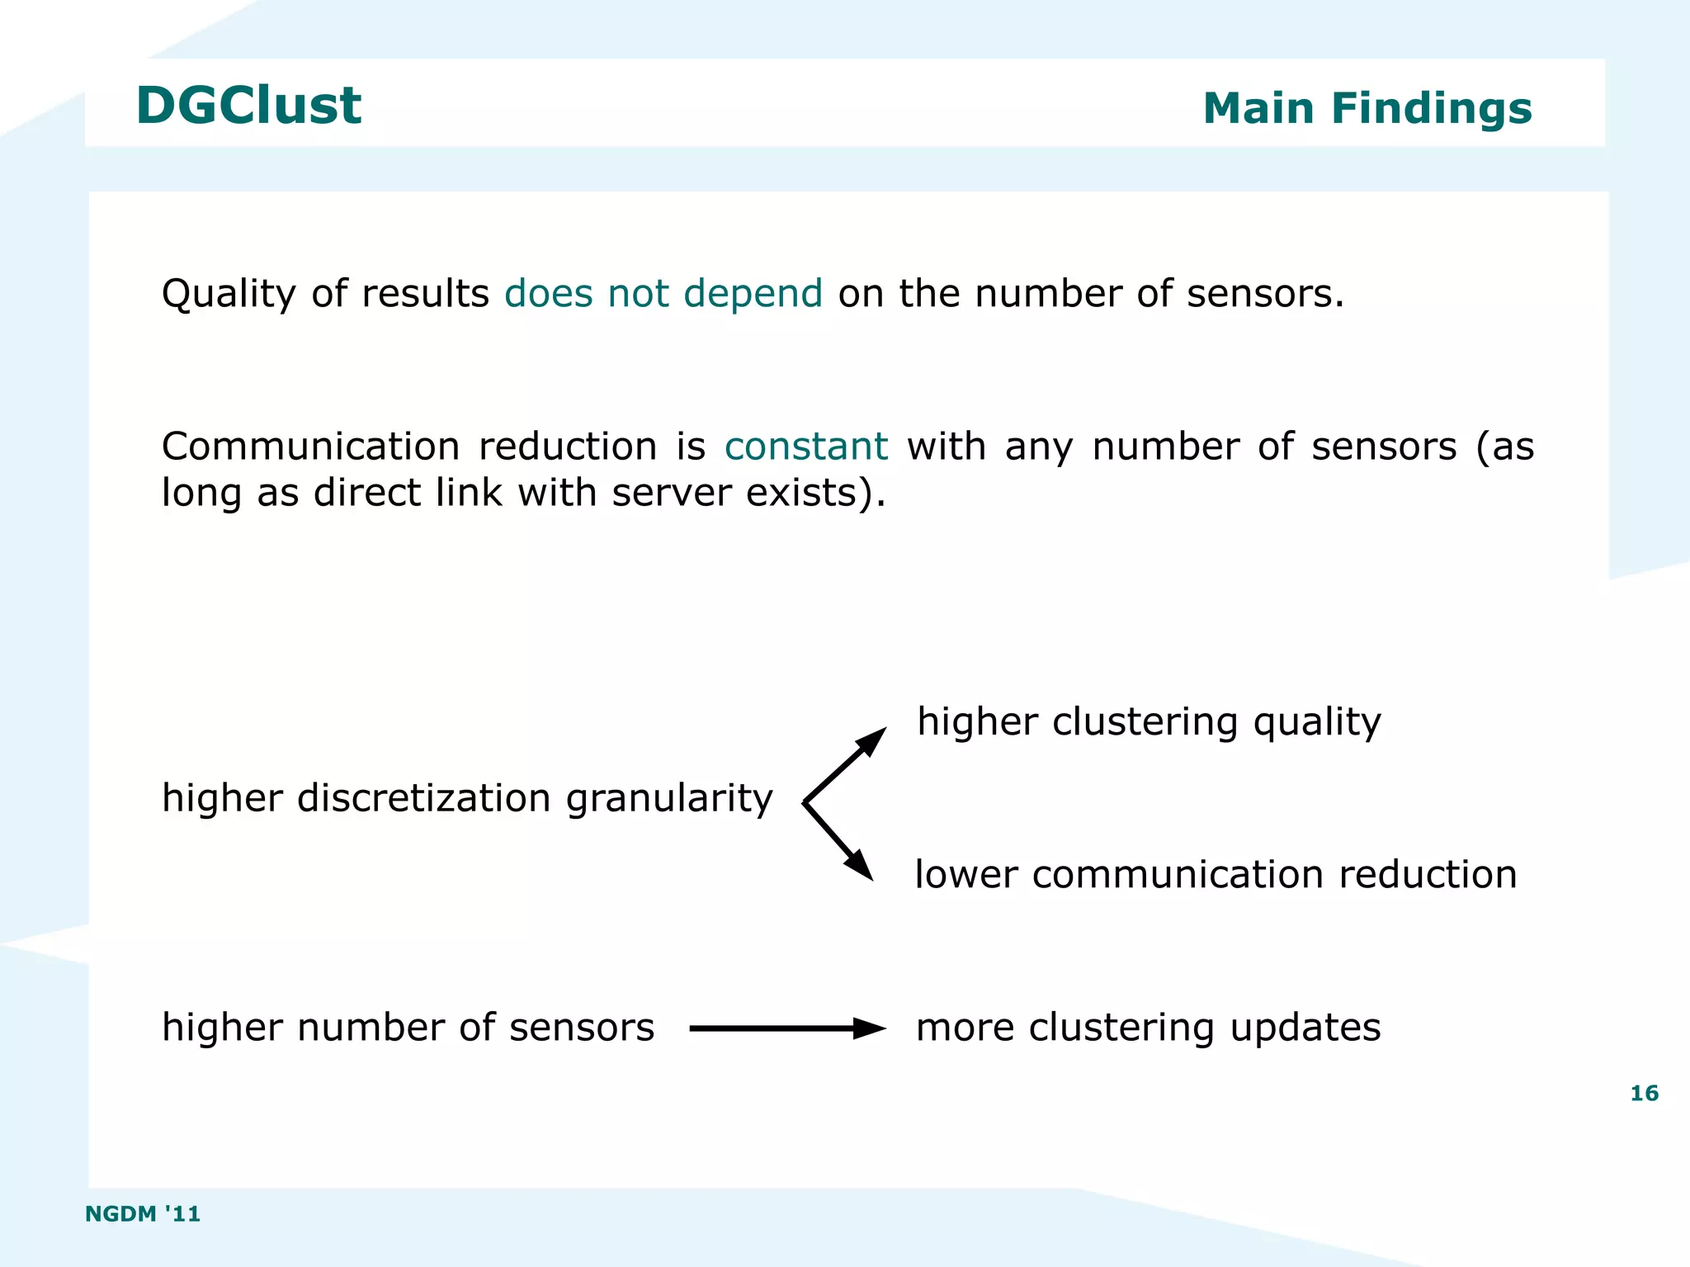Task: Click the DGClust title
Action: click(x=248, y=106)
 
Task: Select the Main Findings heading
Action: click(x=1367, y=108)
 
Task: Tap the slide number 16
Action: click(x=1644, y=1094)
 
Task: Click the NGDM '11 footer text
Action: click(x=143, y=1213)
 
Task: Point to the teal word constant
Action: click(x=805, y=447)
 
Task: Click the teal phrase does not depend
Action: click(x=663, y=293)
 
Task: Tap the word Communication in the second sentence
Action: click(x=310, y=447)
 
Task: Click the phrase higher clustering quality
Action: click(x=1149, y=722)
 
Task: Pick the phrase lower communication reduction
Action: click(x=1216, y=874)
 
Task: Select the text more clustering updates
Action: click(x=1148, y=1028)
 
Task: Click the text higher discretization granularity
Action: click(x=467, y=798)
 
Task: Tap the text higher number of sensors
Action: click(x=408, y=1028)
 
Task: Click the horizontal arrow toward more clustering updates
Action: click(x=786, y=1028)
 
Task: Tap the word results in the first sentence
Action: click(x=426, y=293)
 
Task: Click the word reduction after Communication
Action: click(x=568, y=447)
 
